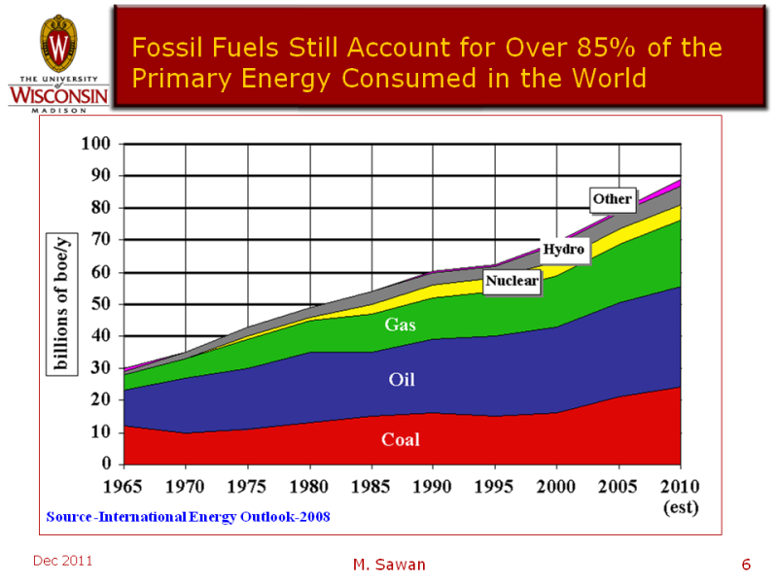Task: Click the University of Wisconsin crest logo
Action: click(x=57, y=43)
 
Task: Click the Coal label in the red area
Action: click(x=400, y=440)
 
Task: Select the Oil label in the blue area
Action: click(x=402, y=379)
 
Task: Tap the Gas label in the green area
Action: click(x=400, y=325)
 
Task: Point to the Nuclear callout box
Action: click(x=512, y=282)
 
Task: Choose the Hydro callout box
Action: click(x=564, y=250)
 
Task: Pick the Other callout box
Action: click(x=613, y=199)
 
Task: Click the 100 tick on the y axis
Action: click(x=99, y=145)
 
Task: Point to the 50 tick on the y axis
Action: click(x=104, y=304)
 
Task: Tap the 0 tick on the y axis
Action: click(x=109, y=464)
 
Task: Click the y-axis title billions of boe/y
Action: click(x=60, y=304)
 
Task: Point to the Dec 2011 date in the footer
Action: click(x=62, y=561)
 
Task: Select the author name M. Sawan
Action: click(x=388, y=565)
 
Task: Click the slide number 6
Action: click(x=746, y=565)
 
